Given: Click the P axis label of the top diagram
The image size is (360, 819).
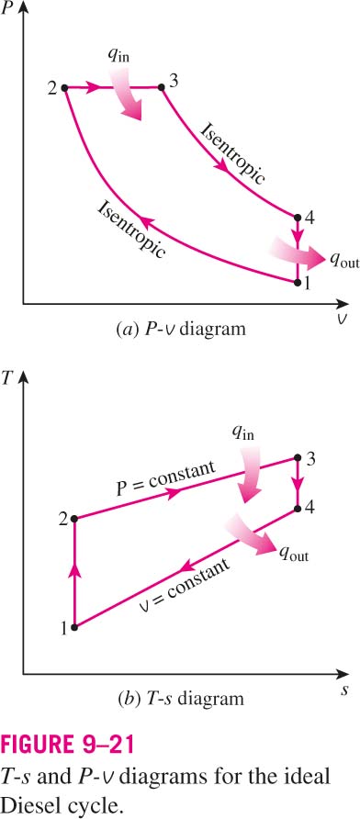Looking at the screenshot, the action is point(8,9).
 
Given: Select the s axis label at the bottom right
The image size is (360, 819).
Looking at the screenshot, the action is point(345,690).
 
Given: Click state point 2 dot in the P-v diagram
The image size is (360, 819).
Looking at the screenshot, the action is point(65,88).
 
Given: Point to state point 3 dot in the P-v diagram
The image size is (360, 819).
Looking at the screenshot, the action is point(162,87).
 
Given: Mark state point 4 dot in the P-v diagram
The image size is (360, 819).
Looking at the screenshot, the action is point(298,218).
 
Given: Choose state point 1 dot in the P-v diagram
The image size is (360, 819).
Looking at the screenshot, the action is point(298,283).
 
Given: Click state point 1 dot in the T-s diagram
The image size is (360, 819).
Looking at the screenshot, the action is point(74,627).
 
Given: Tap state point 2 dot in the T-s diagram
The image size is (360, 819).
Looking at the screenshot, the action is point(74,519).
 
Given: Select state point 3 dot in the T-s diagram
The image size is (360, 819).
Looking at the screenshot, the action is point(298,458).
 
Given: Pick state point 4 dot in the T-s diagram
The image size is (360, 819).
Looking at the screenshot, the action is point(298,509).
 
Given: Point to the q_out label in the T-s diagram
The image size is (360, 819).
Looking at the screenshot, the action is point(293,555).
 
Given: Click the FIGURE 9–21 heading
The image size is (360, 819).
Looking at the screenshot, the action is point(67,745).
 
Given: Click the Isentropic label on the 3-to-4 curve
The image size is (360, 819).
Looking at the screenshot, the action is point(233,153).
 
